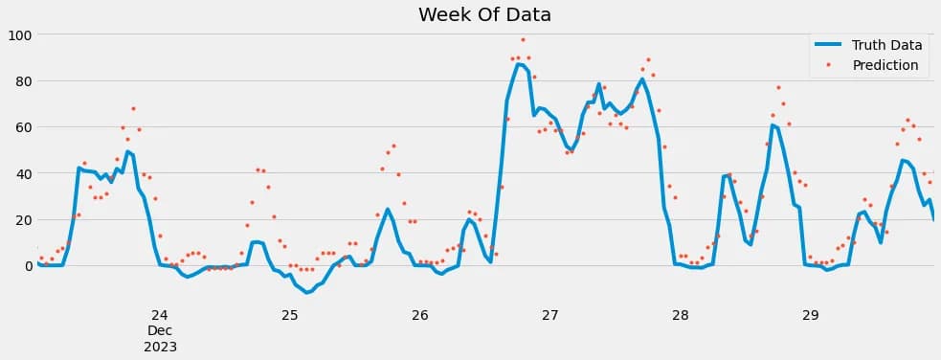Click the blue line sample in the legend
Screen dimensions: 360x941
click(x=828, y=44)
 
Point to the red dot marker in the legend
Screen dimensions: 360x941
click(x=829, y=65)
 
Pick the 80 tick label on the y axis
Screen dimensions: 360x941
click(x=20, y=81)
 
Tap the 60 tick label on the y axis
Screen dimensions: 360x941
click(x=20, y=127)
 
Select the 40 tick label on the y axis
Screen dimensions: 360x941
click(x=20, y=173)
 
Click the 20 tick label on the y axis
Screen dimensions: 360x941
click(x=20, y=219)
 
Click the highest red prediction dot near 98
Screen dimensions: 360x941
click(x=523, y=40)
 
